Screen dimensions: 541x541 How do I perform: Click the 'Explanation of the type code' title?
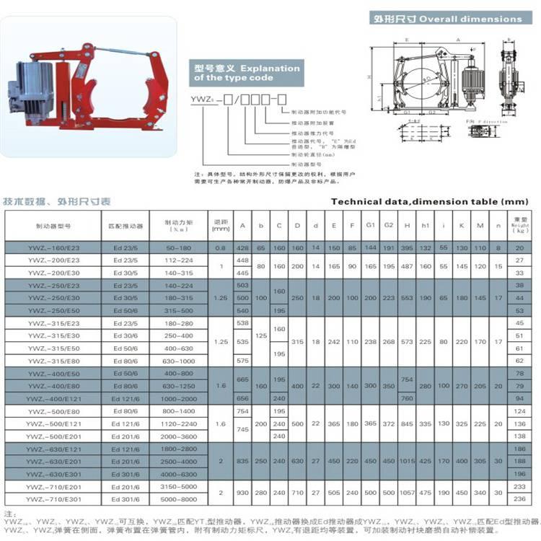(x=245, y=73)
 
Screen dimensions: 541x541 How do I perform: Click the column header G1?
(x=371, y=226)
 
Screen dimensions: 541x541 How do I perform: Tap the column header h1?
(x=426, y=226)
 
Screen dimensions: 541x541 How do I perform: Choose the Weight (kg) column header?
(x=518, y=226)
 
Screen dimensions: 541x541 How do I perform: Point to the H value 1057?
(x=408, y=493)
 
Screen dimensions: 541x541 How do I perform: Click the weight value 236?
(x=518, y=498)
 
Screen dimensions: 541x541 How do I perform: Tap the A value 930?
(x=242, y=493)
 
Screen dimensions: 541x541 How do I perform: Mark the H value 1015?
(x=408, y=461)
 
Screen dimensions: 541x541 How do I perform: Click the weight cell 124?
(x=518, y=411)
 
